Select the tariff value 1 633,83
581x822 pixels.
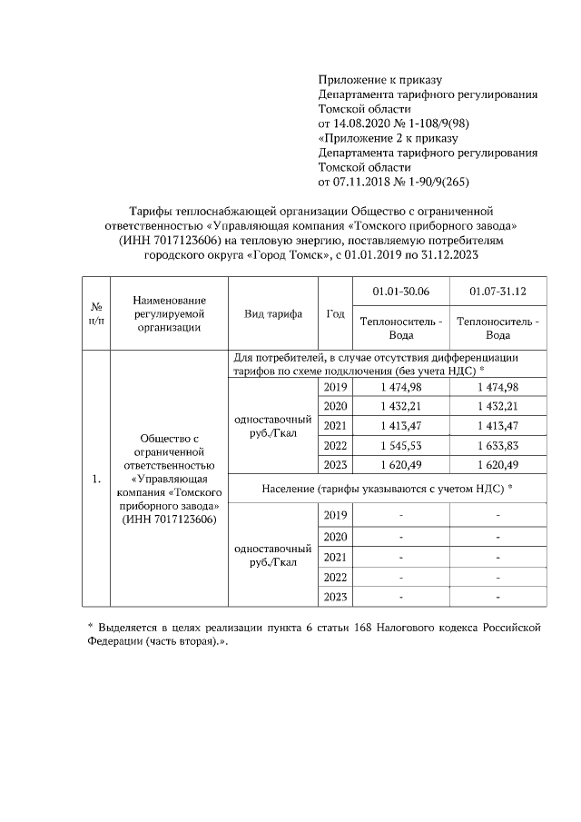point(498,446)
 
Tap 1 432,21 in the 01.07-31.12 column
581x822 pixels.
point(498,406)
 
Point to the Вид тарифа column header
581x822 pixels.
point(273,314)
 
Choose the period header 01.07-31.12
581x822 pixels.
point(498,292)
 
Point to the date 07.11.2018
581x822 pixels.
point(364,182)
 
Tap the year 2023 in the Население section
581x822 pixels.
point(336,597)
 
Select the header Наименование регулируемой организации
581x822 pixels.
point(169,314)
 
